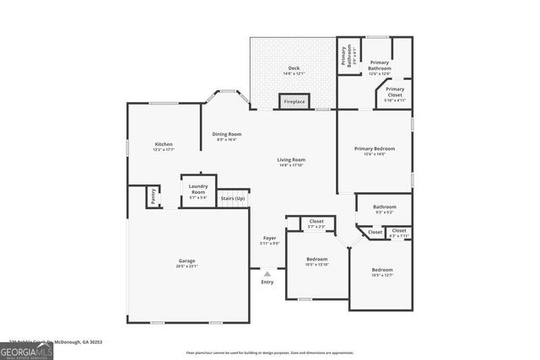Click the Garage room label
point(187,263)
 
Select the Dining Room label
point(226,136)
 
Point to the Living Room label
point(291,161)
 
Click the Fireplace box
point(294,102)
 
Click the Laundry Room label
point(198,191)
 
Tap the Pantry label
point(154,196)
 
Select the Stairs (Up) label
point(233,199)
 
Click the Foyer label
point(269,240)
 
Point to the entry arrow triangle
point(267,273)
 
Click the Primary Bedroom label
point(374,150)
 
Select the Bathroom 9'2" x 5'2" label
point(385,208)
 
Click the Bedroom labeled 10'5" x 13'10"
point(316,261)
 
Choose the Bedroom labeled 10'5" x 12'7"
point(382,271)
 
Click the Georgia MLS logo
point(27,349)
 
